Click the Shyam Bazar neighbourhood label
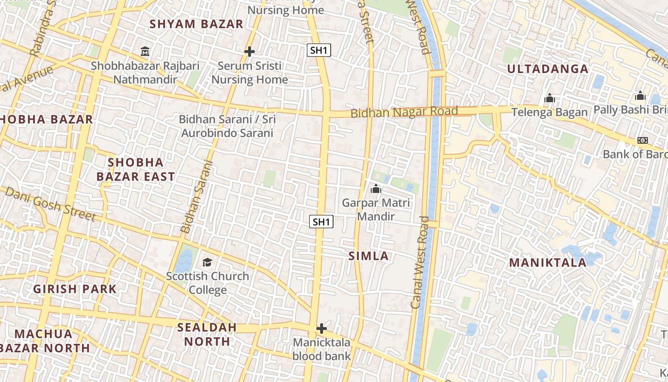(197, 24)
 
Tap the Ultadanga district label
(548, 69)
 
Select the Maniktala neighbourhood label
(548, 263)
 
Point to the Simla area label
(368, 256)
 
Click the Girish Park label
(75, 289)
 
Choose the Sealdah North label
(207, 334)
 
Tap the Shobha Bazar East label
(136, 170)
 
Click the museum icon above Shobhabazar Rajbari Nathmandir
(145, 51)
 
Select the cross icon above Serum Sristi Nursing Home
(249, 52)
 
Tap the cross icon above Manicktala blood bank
(322, 329)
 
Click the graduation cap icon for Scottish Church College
(207, 262)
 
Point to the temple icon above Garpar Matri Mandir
(376, 189)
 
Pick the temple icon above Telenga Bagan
(550, 98)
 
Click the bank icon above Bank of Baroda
(643, 140)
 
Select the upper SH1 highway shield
(319, 50)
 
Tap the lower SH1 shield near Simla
(321, 222)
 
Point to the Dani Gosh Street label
(51, 204)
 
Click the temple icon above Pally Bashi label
(640, 95)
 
